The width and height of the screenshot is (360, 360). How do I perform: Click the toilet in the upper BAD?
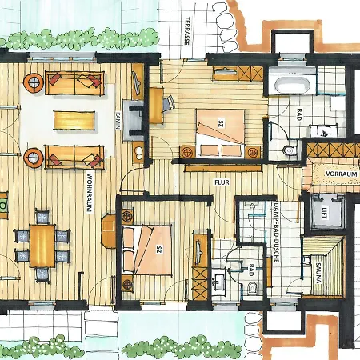[290, 150]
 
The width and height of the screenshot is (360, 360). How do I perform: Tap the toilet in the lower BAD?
[254, 288]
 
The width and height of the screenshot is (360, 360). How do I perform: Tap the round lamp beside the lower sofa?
[34, 156]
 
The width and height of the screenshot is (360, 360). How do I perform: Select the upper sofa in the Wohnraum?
[74, 82]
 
